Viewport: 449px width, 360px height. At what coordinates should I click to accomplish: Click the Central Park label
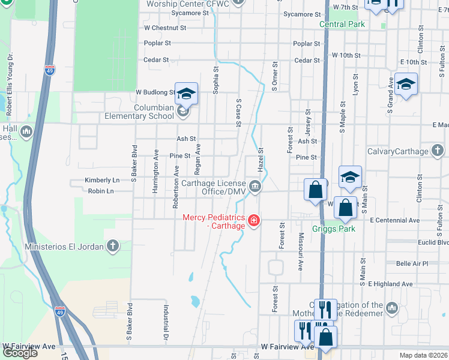pyautogui.click(x=342, y=24)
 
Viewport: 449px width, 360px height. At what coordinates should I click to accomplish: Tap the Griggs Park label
pyautogui.click(x=334, y=229)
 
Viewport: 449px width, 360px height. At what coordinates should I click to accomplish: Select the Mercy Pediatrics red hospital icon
pyautogui.click(x=254, y=221)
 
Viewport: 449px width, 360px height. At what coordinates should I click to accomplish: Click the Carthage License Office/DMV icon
pyautogui.click(x=255, y=187)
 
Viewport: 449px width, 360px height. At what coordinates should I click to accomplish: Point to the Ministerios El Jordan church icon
pyautogui.click(x=112, y=245)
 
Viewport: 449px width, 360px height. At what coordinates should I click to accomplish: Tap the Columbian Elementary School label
pyautogui.click(x=139, y=112)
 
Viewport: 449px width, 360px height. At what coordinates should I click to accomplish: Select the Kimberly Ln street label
pyautogui.click(x=103, y=180)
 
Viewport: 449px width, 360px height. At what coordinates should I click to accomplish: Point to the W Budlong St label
pyautogui.click(x=155, y=92)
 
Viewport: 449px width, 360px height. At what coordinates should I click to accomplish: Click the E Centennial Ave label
pyautogui.click(x=395, y=220)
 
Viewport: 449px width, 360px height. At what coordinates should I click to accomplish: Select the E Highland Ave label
pyautogui.click(x=391, y=284)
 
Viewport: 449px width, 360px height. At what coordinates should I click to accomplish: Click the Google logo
pyautogui.click(x=20, y=353)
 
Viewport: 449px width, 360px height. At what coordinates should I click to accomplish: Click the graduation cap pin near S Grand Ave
pyautogui.click(x=406, y=85)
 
